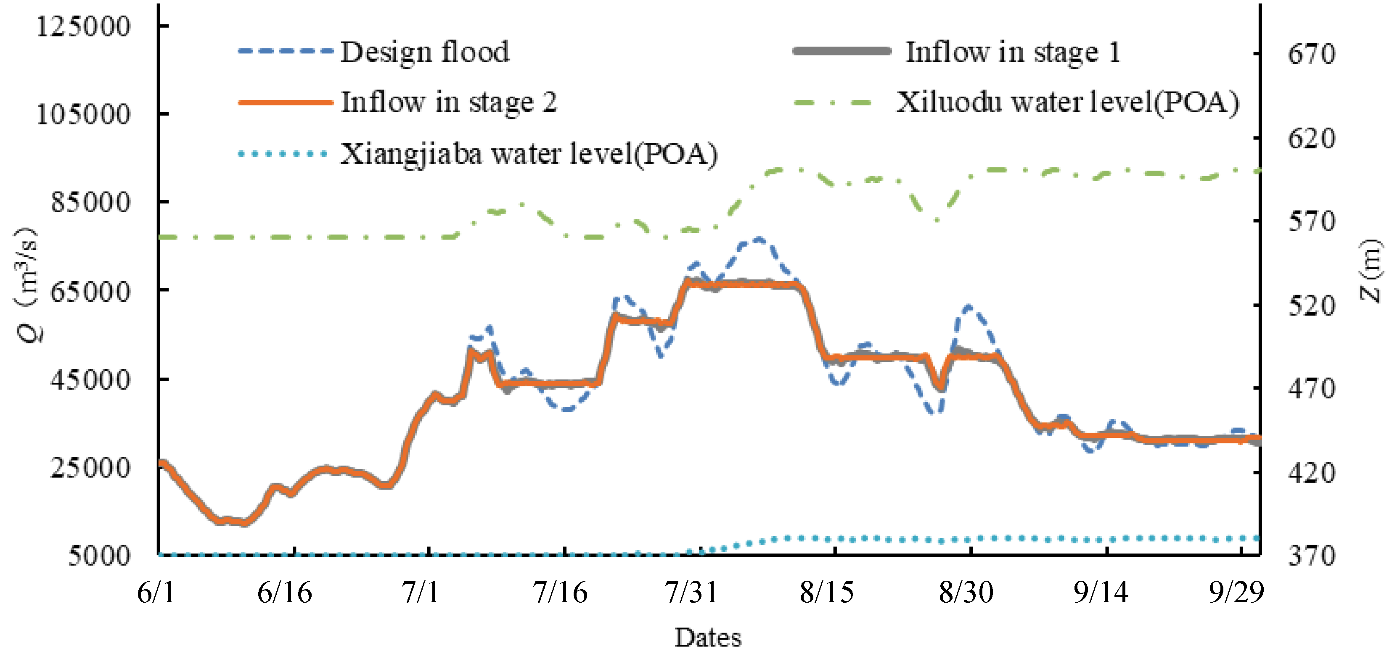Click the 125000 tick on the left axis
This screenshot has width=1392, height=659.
pos(83,26)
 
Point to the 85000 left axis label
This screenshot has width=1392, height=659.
pos(90,203)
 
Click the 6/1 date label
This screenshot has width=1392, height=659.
pos(156,593)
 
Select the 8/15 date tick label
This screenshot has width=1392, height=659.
pos(827,593)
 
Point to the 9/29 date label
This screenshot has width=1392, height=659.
pos(1236,593)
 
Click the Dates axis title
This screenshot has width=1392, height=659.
pos(708,638)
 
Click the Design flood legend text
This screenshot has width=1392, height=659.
pos(425,53)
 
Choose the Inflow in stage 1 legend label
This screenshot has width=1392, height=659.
pos(1013,53)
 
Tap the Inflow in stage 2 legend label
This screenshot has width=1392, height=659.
pos(448,102)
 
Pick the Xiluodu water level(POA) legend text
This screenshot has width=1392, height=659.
pos(1068,102)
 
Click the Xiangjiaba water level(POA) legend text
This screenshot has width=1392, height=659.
pos(529,154)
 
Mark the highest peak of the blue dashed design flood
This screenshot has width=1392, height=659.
pos(759,239)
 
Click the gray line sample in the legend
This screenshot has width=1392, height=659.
pos(842,51)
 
